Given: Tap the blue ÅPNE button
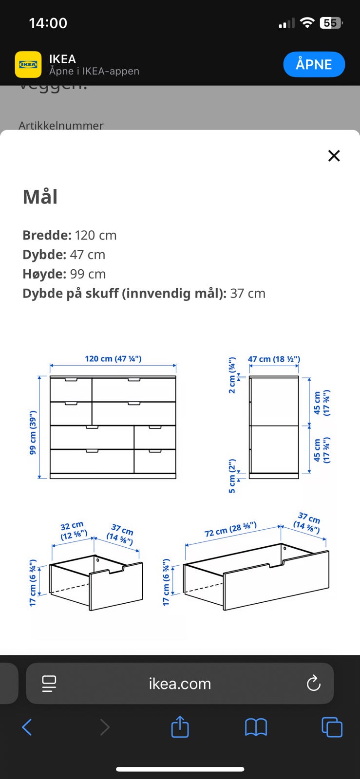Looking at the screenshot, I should click(x=314, y=64).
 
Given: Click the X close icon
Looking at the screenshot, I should click(x=334, y=156).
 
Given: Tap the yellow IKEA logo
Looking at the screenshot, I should click(x=28, y=64).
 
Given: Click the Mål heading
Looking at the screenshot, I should click(x=40, y=197).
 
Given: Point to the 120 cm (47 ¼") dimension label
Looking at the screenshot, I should click(x=113, y=359).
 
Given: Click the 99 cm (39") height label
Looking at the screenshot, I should click(x=33, y=432).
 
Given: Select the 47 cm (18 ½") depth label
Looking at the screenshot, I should click(x=274, y=359).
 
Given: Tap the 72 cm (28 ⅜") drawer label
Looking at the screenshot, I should click(x=230, y=529).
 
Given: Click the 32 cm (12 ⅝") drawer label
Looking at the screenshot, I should click(x=73, y=531).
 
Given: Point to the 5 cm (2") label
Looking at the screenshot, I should click(x=232, y=476).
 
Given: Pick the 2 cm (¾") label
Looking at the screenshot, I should click(x=232, y=375).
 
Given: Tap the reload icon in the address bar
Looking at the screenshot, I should click(x=313, y=684).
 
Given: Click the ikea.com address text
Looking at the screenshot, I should click(x=180, y=684).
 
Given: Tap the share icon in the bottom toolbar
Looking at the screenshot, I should click(x=180, y=727).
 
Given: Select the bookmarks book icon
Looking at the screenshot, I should click(x=256, y=727).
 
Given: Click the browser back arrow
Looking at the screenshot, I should click(x=27, y=727).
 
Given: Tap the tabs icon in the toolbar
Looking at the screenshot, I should click(x=332, y=727).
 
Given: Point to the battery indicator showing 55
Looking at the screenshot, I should click(x=331, y=23).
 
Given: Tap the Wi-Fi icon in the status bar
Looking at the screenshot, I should click(x=307, y=22).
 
